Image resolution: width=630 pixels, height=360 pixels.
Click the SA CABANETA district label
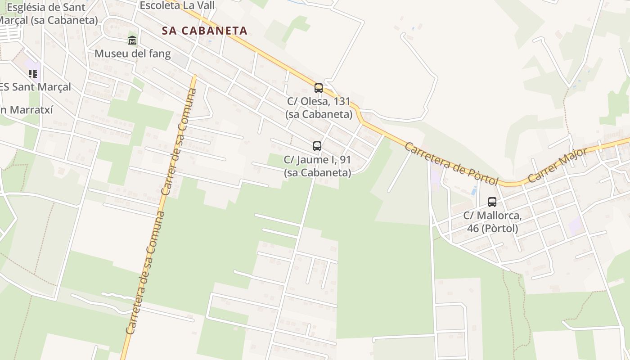tap(205, 31)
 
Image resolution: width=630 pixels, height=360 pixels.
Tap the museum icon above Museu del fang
tap(132, 40)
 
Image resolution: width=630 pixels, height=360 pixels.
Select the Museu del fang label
tap(132, 54)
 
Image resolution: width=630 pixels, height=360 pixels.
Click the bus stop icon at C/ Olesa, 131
tap(319, 88)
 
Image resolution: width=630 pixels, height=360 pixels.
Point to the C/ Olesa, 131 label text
tap(319, 108)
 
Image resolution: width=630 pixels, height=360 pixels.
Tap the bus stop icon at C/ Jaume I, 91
tap(317, 146)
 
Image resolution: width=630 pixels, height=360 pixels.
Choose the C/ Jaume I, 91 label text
tap(317, 166)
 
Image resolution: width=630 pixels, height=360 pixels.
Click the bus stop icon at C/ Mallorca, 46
tap(492, 202)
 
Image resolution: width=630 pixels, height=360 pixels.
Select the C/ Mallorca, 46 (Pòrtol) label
tap(492, 222)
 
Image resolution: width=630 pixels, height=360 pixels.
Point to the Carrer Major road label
tap(558, 164)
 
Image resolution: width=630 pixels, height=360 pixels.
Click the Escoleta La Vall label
tap(177, 5)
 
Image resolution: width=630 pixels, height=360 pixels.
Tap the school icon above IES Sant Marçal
tap(32, 73)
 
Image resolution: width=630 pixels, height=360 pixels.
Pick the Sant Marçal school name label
tap(36, 87)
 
